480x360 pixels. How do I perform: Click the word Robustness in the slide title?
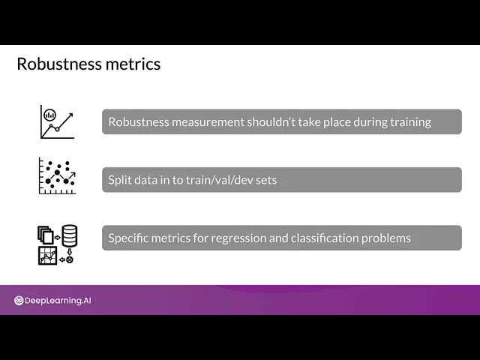point(59,64)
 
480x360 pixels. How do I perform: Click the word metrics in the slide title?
point(133,64)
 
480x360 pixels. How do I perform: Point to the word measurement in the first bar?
point(208,122)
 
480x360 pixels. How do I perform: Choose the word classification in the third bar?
point(324,238)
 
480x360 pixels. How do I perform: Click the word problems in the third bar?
point(386,238)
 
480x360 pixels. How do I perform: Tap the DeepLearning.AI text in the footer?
point(58,301)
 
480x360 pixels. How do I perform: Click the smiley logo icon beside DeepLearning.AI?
point(19,301)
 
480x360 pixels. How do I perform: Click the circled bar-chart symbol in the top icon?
point(50,115)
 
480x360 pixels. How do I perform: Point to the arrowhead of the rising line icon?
point(70,115)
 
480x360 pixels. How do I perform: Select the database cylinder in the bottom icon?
point(70,236)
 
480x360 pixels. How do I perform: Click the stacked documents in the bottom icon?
point(45,235)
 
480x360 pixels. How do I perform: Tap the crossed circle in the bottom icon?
point(70,260)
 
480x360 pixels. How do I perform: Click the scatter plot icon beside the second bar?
point(57,175)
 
